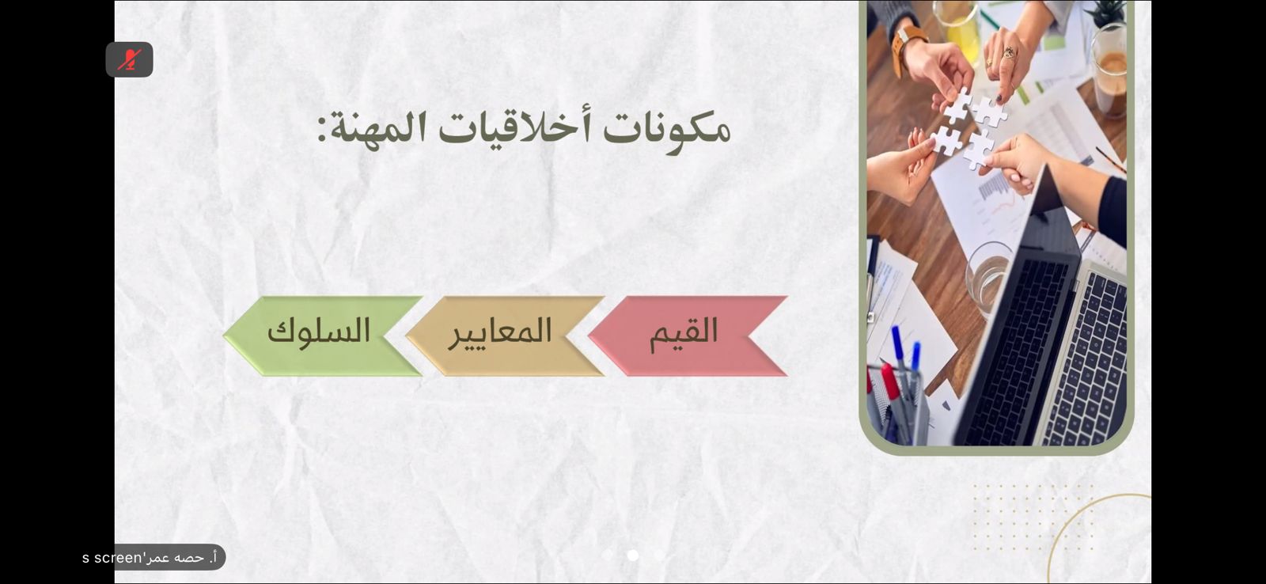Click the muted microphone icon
tap(129, 59)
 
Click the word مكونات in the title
tap(666, 128)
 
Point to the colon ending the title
tap(322, 130)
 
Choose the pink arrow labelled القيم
tap(688, 336)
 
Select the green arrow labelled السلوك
tap(323, 336)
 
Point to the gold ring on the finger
tap(1009, 53)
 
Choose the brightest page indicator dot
tap(633, 556)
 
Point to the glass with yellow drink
tap(958, 30)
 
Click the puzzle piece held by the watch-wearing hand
tap(957, 106)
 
